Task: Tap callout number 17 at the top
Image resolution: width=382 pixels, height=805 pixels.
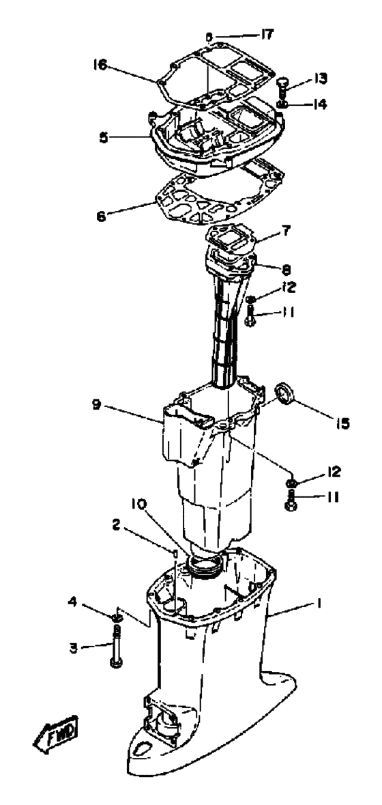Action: [267, 35]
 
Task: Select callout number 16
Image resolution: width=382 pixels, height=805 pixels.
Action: [100, 65]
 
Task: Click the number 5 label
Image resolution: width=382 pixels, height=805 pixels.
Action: [104, 139]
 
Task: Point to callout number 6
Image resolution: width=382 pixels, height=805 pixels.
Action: [101, 216]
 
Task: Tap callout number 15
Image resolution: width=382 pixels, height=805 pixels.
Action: [342, 423]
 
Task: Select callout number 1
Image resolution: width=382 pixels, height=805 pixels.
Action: [319, 605]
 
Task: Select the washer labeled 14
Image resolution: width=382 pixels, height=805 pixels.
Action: [282, 105]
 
